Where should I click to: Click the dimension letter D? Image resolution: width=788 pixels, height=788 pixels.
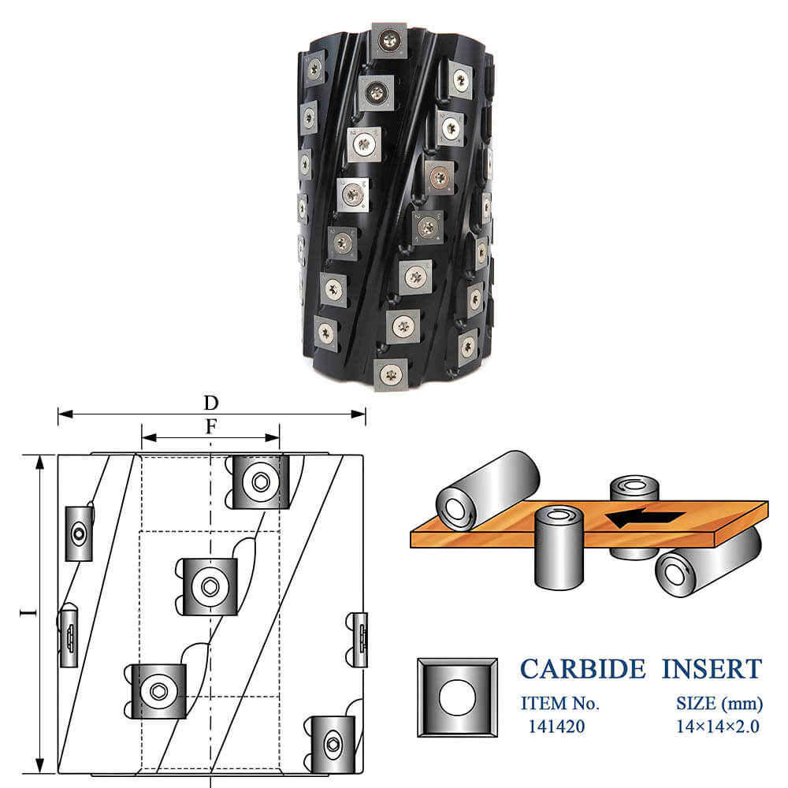tap(211, 403)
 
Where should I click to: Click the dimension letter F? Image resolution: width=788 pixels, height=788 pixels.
tap(211, 426)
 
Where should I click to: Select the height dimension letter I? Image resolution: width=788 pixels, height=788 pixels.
tap(28, 612)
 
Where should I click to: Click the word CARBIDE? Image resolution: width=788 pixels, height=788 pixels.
tap(582, 669)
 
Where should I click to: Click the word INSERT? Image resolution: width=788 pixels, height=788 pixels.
tap(712, 669)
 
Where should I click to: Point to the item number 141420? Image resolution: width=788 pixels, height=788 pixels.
tap(556, 727)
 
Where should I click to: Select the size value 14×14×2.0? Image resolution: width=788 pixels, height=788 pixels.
tap(717, 727)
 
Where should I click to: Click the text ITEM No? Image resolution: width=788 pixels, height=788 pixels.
tap(559, 703)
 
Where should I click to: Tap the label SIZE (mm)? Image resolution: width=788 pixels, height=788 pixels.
tap(719, 704)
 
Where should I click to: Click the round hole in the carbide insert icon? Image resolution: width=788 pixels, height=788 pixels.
tap(457, 697)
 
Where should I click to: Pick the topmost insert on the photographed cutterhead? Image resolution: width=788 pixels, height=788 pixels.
tap(389, 40)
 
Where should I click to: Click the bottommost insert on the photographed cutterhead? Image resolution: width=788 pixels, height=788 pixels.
tap(391, 374)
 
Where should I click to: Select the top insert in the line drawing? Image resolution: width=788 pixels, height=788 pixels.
tap(261, 482)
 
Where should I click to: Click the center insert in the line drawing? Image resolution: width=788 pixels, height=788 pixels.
tap(210, 586)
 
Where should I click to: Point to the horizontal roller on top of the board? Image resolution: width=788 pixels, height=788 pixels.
tap(488, 490)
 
